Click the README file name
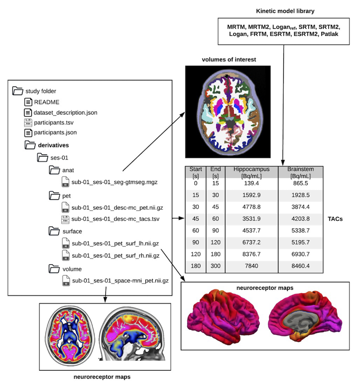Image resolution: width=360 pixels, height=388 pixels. point(47,102)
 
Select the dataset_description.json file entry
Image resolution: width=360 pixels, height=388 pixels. point(65,112)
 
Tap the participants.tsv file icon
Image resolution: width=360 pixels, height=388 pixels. point(28,123)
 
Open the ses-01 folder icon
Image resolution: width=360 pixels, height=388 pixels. point(42,157)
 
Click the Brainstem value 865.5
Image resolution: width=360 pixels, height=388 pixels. point(300,183)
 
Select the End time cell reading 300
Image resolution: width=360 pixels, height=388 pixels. point(215,266)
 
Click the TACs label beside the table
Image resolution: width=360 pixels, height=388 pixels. point(334,219)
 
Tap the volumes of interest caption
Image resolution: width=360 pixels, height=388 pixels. point(229,60)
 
